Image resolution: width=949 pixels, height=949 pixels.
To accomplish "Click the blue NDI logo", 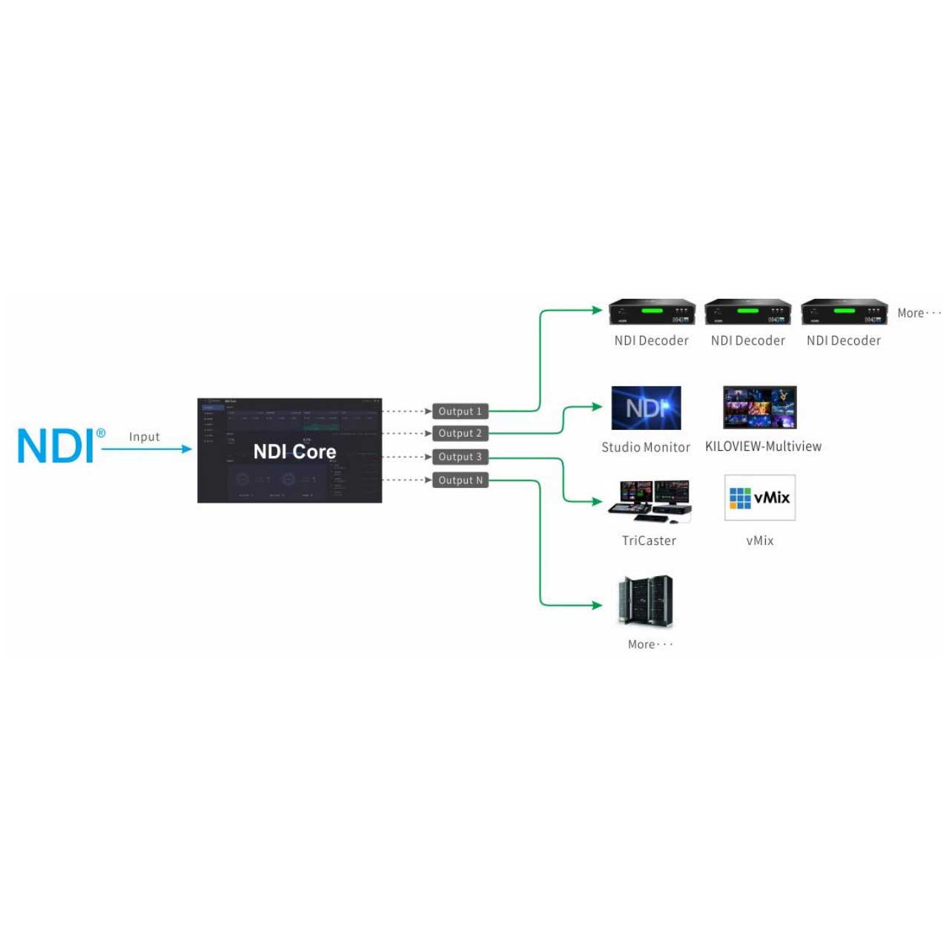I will pos(56,446).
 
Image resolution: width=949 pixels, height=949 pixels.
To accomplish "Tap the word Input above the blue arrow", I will pos(144,437).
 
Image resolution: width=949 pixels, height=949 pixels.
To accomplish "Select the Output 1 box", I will pos(460,411).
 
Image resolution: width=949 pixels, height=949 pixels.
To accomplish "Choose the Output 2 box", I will pos(460,433).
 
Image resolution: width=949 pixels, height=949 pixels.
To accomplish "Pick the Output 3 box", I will pos(460,457).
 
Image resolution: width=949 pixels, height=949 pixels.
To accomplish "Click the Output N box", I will pos(460,480).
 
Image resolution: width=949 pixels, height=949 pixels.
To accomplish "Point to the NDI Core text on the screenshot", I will pos(294,452).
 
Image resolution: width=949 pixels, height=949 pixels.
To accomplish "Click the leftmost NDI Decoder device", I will pos(652,312).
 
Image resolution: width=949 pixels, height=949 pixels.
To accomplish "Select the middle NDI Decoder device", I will pos(747,312).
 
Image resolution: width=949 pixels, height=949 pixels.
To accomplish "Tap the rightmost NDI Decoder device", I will pos(844,312).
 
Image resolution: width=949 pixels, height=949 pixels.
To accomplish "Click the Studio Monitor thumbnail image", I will pos(646,408).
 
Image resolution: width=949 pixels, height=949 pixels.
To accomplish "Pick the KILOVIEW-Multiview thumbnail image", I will pos(759,407).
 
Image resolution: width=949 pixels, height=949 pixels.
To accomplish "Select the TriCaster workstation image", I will pos(650,500).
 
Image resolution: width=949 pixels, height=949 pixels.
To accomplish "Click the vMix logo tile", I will pos(759,497).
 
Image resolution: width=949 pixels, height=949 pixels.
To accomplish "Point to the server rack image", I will pos(646,601).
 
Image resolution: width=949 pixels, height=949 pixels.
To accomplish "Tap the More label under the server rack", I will pos(649,644).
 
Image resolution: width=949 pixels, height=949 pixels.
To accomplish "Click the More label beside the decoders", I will pos(918,313).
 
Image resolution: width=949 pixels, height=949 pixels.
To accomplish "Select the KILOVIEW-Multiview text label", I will pos(763,446).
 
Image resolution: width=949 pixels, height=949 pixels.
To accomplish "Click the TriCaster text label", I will pos(649,540).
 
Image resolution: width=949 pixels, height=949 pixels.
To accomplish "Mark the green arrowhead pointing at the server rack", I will pos(598,605).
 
